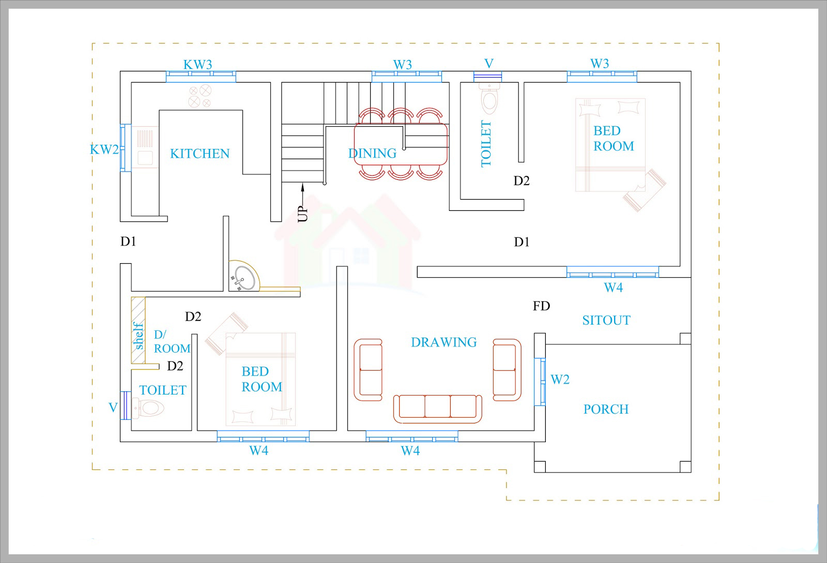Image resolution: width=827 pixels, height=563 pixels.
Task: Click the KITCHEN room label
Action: [x=200, y=154]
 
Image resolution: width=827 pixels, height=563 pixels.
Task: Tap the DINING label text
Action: [x=372, y=153]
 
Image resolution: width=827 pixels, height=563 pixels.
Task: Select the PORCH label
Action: [x=606, y=409]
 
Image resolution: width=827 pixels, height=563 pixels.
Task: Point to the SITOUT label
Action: [x=607, y=320]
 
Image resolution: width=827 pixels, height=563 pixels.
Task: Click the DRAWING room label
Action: [x=444, y=342]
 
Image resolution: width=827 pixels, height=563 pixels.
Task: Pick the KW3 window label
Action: [x=198, y=65]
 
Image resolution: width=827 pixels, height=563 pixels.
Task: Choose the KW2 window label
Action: [x=104, y=149]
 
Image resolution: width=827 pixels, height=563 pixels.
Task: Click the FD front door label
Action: [x=541, y=306]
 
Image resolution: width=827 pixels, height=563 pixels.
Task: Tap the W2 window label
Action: [x=560, y=379]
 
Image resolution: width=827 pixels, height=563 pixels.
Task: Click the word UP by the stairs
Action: [x=302, y=214]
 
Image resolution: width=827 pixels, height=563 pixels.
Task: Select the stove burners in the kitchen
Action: [x=200, y=96]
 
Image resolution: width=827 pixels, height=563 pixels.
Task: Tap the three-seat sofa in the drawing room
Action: [x=437, y=409]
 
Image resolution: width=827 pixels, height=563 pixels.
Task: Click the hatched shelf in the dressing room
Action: [x=139, y=330]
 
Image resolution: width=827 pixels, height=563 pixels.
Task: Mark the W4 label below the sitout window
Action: [x=613, y=287]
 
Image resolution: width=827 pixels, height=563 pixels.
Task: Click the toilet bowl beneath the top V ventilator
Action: [x=489, y=99]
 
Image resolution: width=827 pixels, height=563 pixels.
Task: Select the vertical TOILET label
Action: [x=486, y=144]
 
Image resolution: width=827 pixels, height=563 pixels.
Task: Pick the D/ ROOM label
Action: [x=172, y=342]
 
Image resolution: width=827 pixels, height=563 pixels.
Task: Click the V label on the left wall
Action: [x=113, y=407]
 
